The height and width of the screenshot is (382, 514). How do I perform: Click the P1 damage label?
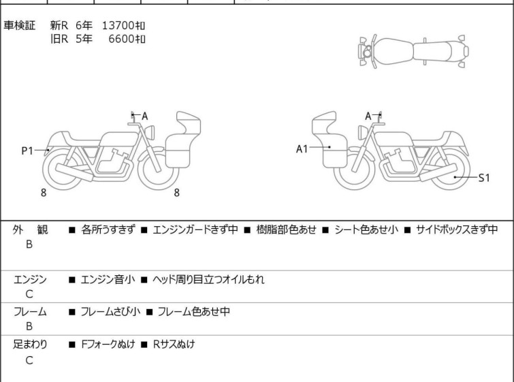point(27,151)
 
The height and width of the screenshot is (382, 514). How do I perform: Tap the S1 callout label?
point(484,178)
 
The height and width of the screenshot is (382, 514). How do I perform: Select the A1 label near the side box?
point(302,149)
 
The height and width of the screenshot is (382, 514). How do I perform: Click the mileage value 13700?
point(118,25)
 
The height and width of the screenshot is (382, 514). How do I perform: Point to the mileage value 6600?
point(121,39)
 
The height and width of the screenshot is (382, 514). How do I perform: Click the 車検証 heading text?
point(19,25)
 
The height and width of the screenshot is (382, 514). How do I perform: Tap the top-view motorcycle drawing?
point(413,52)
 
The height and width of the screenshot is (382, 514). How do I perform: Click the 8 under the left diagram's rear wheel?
point(44,193)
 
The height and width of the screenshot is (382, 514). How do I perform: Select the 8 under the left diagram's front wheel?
point(177,193)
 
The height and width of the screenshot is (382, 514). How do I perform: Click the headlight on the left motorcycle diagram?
point(150,132)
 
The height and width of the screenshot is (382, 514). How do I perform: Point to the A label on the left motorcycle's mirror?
point(144,116)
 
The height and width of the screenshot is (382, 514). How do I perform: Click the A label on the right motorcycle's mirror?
point(368,116)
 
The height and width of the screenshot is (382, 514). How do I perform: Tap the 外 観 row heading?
point(30,229)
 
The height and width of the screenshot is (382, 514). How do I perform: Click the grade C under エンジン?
point(29,294)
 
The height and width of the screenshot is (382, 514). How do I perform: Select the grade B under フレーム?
point(29,326)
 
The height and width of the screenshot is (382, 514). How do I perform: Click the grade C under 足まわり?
point(29,360)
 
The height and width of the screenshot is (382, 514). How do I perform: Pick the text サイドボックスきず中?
point(457,229)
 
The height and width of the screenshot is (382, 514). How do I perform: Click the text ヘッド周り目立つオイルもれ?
point(208,279)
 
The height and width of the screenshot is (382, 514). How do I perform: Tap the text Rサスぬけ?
point(174,345)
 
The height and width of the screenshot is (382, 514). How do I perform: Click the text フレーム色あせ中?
point(194,311)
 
